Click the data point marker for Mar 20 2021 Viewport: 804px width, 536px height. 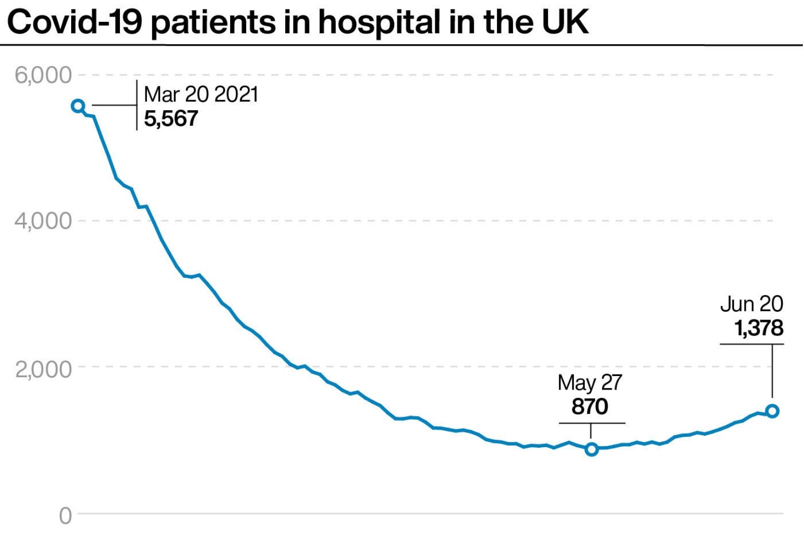click(78, 106)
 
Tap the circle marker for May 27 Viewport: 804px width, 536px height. click(591, 449)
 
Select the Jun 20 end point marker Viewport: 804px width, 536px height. click(772, 411)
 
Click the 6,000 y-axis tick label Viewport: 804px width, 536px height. click(43, 75)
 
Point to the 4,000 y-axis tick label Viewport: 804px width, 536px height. click(43, 221)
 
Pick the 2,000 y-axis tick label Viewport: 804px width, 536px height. click(43, 368)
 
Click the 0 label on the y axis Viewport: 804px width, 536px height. click(65, 516)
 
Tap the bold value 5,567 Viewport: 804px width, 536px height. click(171, 118)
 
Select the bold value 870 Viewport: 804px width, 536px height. click(589, 406)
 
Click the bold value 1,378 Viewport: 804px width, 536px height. click(758, 328)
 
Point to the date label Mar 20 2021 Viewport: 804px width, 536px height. click(200, 95)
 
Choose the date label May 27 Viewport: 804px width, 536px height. click(589, 383)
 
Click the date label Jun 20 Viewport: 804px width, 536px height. click(752, 304)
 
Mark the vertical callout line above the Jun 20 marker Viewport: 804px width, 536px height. click(772, 371)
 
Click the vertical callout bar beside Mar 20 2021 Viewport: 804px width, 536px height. click(137, 105)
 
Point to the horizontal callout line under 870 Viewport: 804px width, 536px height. click(592, 423)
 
